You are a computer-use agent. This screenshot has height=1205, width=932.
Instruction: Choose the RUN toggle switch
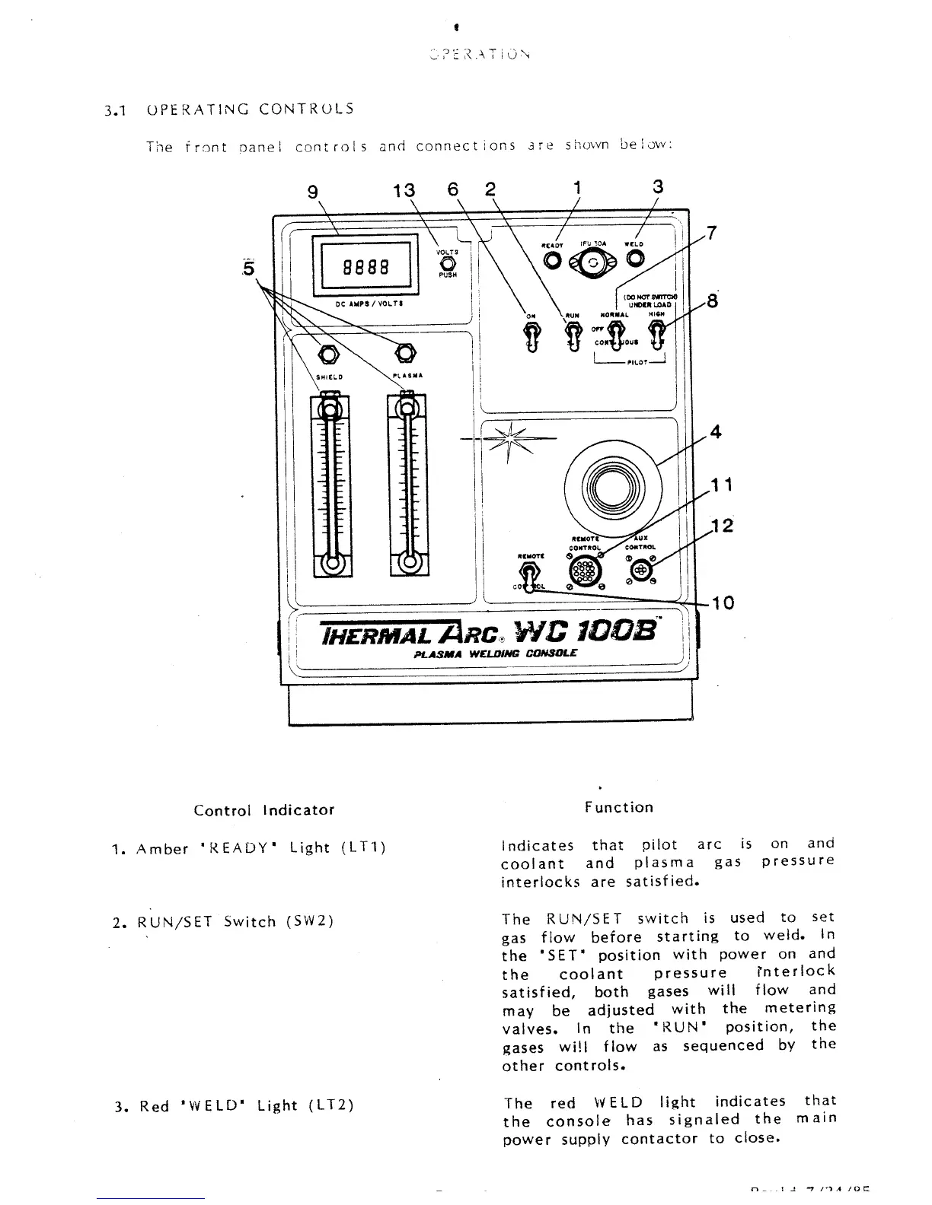(x=573, y=335)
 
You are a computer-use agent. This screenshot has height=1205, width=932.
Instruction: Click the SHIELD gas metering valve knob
(x=329, y=354)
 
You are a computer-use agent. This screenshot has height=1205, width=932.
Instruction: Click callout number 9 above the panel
(x=311, y=193)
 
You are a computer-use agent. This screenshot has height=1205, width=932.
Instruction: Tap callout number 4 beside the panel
(x=714, y=432)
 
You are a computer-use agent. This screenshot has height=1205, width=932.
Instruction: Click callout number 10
(x=722, y=603)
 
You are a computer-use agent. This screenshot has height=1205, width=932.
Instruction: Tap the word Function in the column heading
(x=619, y=807)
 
